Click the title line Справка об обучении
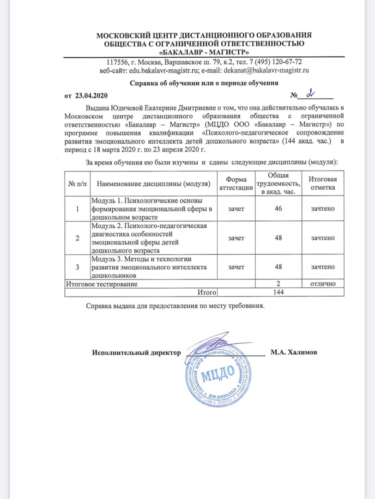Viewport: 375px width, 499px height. [203, 84]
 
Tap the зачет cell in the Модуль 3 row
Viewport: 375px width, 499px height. [236, 267]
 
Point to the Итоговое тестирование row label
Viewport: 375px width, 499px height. [102, 283]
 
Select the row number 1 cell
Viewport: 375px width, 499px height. [77, 209]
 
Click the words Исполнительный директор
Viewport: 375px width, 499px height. [135, 353]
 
